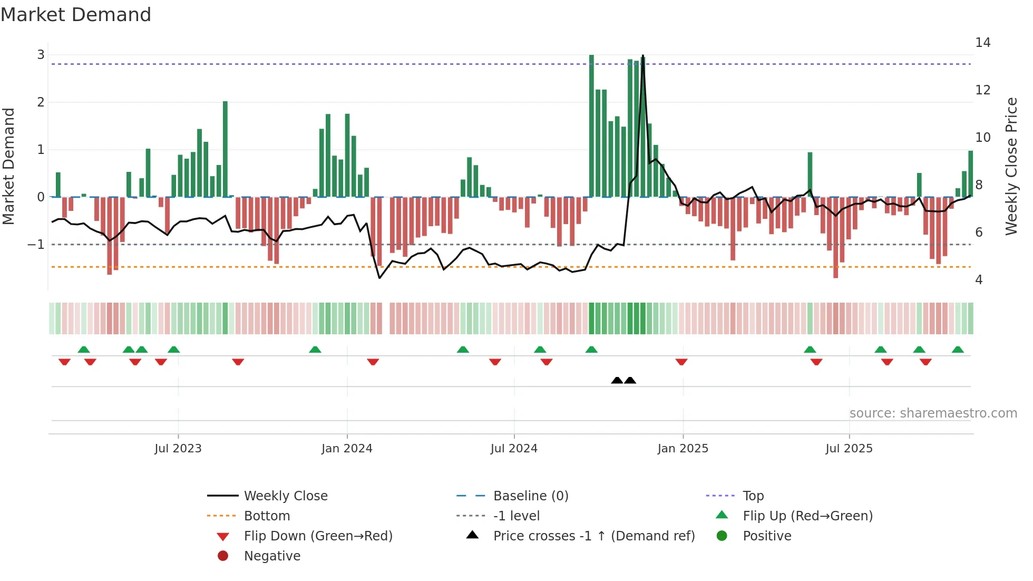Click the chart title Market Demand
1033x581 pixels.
coord(76,15)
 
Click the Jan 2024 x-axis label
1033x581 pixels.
coord(347,449)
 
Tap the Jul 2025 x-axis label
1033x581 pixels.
coord(849,449)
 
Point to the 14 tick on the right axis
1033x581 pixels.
coord(982,43)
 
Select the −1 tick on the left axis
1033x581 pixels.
coord(36,245)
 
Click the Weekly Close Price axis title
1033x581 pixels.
coord(1011,166)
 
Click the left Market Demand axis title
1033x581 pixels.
coord(9,166)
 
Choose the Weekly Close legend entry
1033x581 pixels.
coord(285,496)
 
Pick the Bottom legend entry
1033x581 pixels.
coord(267,516)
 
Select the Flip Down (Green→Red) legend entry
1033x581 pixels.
coord(318,536)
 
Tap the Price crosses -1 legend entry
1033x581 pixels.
coord(593,536)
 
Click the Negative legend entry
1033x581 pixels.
coord(272,556)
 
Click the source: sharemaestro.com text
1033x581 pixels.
coord(933,413)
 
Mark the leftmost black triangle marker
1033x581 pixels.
coord(617,380)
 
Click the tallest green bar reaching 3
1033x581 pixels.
coord(591,127)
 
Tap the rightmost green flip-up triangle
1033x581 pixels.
coord(958,350)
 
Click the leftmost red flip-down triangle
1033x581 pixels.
coord(64,362)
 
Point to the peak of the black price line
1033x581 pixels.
coord(643,56)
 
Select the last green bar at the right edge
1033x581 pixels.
coord(970,174)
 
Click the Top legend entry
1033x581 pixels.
coord(753,496)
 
